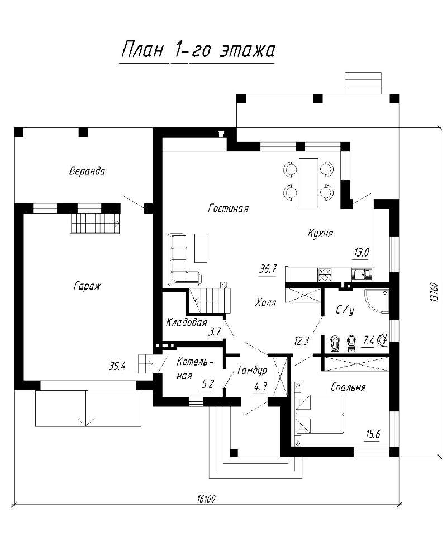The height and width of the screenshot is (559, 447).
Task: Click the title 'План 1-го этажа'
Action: (x=198, y=50)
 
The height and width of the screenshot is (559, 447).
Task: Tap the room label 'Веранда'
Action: (x=87, y=171)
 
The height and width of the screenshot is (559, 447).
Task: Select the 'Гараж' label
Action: (x=87, y=286)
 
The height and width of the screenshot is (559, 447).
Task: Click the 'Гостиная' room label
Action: (x=228, y=208)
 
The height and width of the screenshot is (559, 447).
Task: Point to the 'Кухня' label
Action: (x=320, y=234)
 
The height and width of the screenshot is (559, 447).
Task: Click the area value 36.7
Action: (x=268, y=269)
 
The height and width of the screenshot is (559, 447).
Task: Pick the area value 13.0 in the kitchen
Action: (x=361, y=253)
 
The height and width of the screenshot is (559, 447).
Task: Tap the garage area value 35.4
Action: (x=117, y=366)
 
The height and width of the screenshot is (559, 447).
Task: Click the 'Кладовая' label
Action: (x=187, y=323)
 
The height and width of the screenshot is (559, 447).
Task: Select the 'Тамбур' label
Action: (x=252, y=371)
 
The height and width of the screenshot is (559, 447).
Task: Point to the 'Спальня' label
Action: (x=348, y=387)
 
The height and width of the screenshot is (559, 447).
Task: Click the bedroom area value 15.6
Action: (x=373, y=434)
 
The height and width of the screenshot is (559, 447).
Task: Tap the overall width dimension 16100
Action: (x=206, y=499)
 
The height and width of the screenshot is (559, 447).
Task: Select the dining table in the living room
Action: (x=308, y=182)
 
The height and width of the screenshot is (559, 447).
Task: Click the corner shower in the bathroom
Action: (x=377, y=301)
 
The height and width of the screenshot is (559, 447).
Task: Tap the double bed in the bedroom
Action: (x=319, y=414)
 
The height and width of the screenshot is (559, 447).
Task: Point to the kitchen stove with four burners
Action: (x=325, y=274)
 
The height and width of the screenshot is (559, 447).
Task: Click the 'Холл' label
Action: (x=265, y=303)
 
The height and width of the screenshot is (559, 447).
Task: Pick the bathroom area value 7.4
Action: (x=368, y=341)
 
